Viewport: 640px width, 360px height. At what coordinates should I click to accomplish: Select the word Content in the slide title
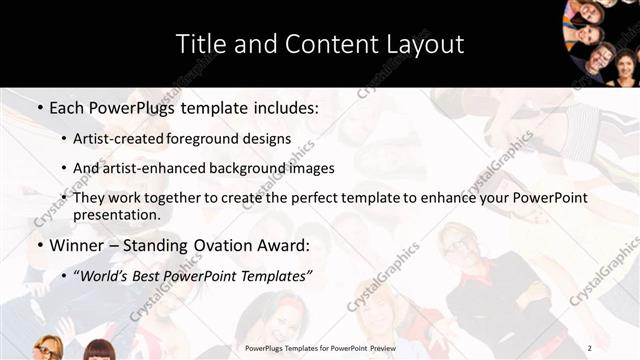(324, 44)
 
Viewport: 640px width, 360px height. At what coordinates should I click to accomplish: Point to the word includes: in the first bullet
(284, 106)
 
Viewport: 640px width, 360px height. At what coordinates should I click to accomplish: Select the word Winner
(77, 245)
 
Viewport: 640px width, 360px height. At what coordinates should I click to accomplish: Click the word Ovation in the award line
(224, 245)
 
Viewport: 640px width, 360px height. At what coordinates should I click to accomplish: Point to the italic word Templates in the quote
(274, 275)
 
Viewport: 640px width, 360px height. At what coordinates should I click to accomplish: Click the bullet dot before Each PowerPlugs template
(38, 107)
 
